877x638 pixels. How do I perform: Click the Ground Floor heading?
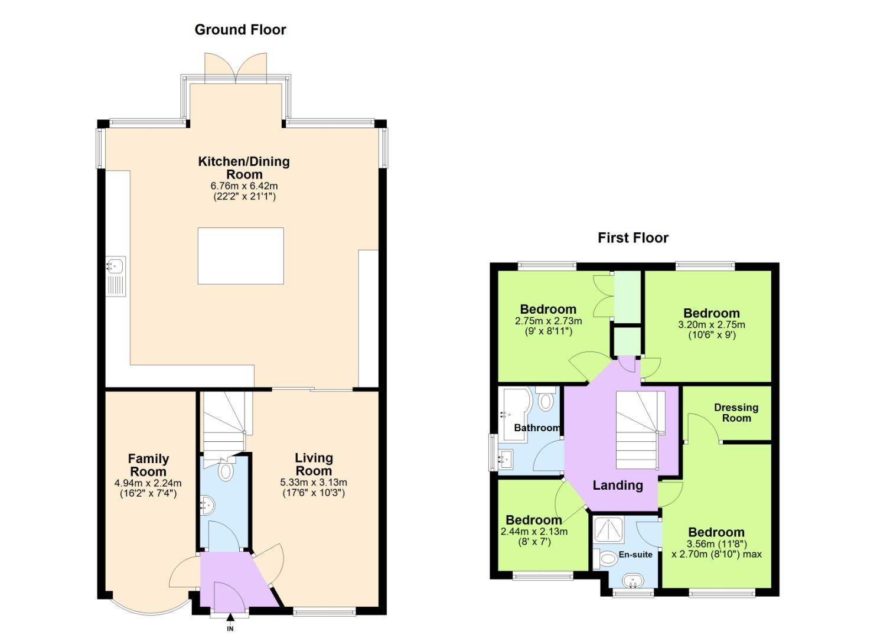point(240,30)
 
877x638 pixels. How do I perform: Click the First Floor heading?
point(633,238)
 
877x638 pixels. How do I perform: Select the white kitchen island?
point(240,256)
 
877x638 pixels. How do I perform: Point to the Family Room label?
point(148,465)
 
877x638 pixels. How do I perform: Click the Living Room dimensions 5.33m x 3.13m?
point(314,482)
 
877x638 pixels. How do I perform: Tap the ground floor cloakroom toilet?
point(226,471)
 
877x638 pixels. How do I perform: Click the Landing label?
point(618,486)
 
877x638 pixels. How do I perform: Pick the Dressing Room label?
point(736,412)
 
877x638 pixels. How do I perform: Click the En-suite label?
point(635,555)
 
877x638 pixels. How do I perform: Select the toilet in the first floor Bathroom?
point(546,400)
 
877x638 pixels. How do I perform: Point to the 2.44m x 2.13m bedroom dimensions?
point(534,531)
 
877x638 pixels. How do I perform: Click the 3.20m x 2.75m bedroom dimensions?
point(711,324)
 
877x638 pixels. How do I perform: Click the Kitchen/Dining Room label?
point(244,168)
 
